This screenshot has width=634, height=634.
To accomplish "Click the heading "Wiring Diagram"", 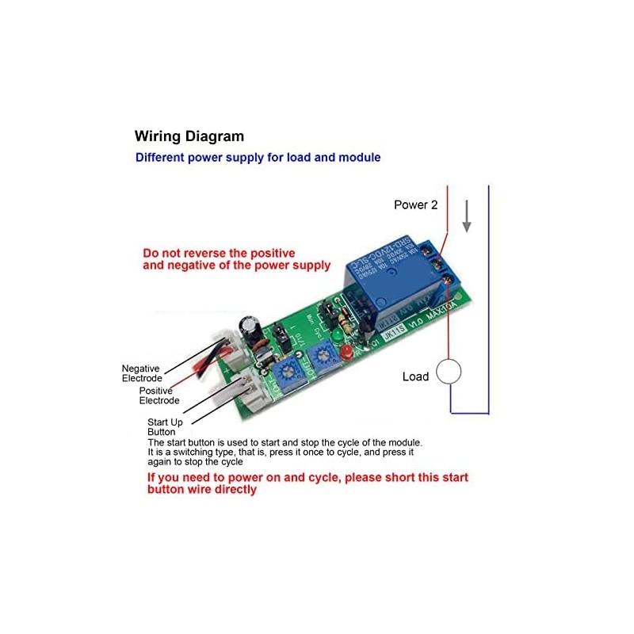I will (189, 136).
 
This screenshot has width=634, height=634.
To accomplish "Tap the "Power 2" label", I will (416, 204).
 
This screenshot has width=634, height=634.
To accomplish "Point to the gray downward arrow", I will (468, 216).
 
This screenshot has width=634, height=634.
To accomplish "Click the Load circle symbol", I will (450, 372).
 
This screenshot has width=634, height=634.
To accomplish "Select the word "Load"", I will (415, 376).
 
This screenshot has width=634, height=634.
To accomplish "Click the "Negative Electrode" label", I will (141, 373).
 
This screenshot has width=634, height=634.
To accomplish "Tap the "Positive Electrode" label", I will (159, 395).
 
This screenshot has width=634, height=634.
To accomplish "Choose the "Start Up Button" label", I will (166, 426).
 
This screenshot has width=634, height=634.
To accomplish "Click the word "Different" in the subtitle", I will (160, 157).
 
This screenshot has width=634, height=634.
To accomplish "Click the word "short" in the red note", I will (382, 478).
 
